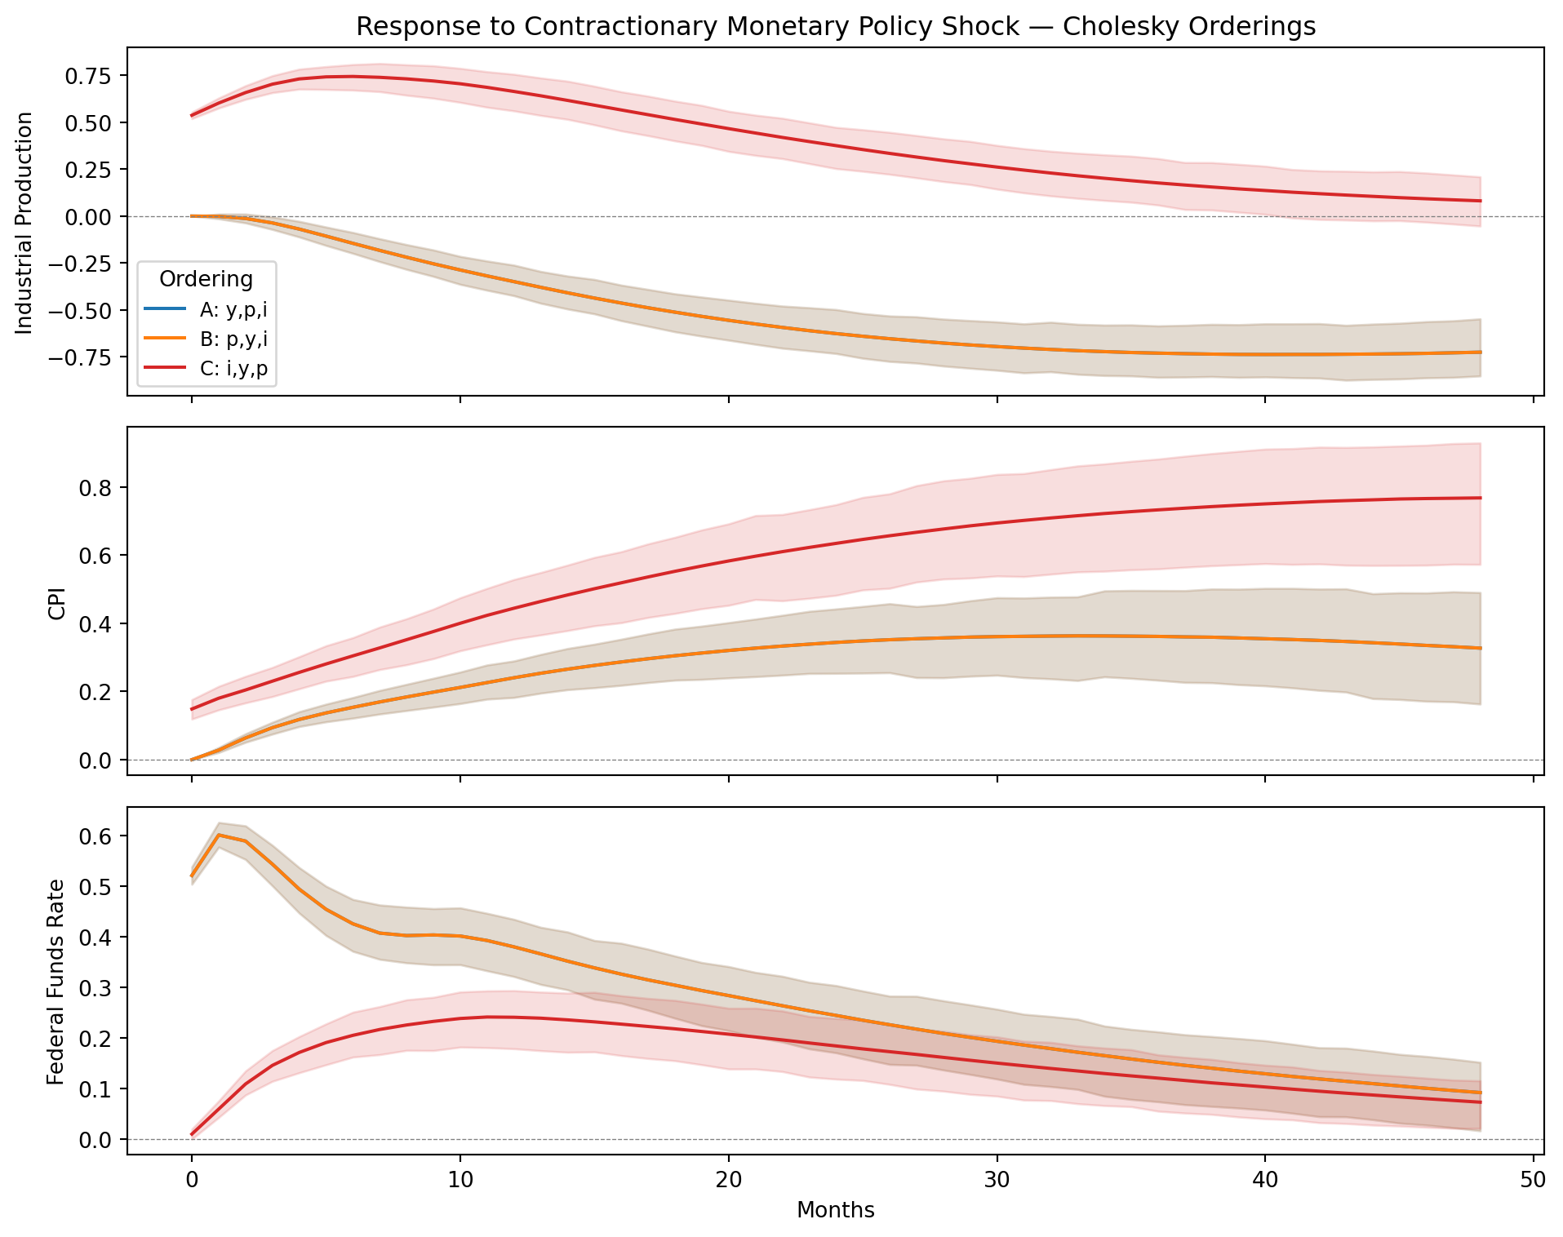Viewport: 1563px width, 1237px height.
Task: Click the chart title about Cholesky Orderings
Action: [835, 27]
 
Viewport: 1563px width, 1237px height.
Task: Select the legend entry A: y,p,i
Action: [233, 310]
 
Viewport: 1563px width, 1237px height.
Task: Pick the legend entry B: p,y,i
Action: [233, 340]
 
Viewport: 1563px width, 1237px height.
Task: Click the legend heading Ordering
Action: [206, 280]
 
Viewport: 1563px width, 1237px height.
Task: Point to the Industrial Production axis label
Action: [24, 223]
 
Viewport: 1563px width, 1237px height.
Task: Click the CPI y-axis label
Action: [56, 601]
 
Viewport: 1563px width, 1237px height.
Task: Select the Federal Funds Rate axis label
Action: [56, 982]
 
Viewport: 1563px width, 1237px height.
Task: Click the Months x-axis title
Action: [835, 1210]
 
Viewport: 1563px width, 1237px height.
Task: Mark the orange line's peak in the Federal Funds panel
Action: [219, 835]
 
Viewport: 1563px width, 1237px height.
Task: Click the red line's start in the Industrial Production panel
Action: [192, 116]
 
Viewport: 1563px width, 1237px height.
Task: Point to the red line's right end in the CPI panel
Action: [1480, 498]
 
